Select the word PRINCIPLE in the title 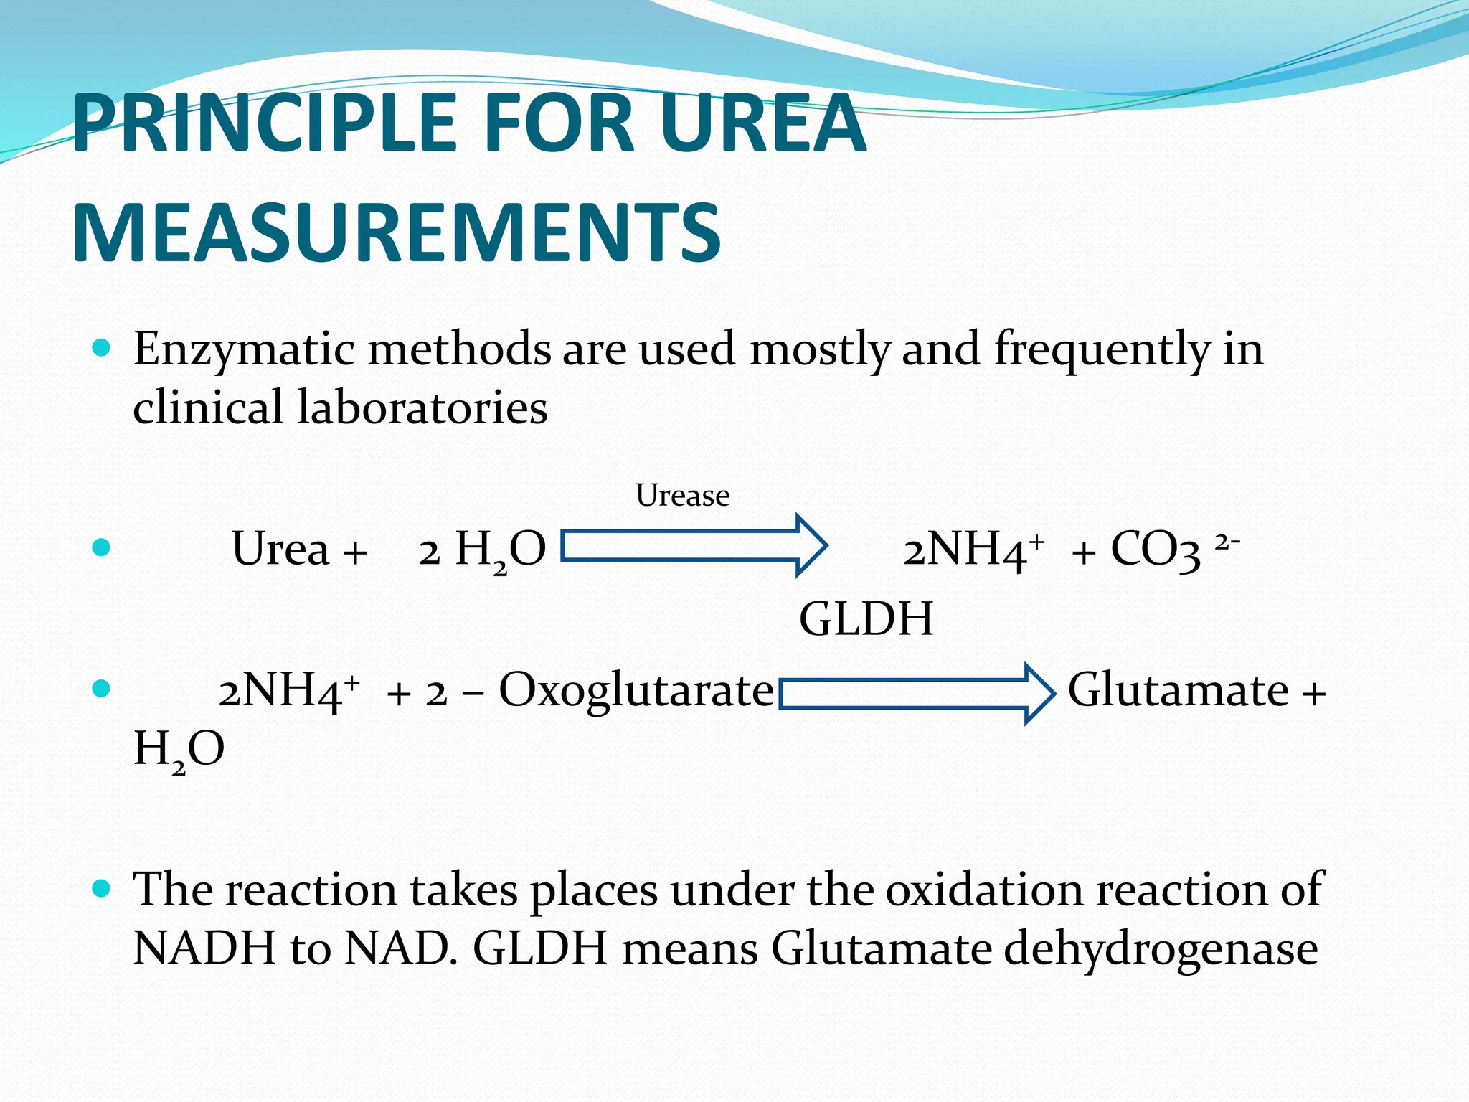[x=264, y=123]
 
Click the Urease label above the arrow [x=682, y=496]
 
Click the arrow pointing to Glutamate [x=917, y=693]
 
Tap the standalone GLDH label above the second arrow [x=866, y=618]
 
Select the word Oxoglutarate [x=636, y=690]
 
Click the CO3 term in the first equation [x=1155, y=550]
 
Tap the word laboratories [x=422, y=408]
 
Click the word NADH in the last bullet [x=204, y=948]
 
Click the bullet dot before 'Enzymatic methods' [x=102, y=349]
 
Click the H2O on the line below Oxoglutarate [x=179, y=750]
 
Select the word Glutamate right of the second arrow [x=1178, y=690]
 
